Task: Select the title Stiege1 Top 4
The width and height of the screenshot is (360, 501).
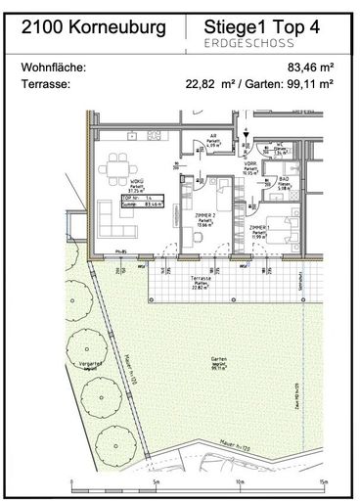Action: coord(262,28)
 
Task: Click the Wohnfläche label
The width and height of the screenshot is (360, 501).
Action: coord(54,68)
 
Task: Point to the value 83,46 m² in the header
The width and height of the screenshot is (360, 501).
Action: coord(310,68)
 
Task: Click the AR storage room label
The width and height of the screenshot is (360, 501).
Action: coord(212,139)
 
